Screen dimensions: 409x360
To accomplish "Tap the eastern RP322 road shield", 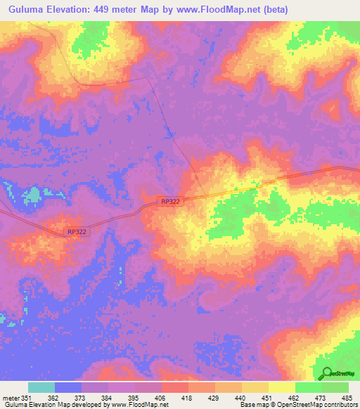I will pyautogui.click(x=170, y=202).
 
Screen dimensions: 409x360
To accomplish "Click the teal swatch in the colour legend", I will pyautogui.click(x=41, y=387).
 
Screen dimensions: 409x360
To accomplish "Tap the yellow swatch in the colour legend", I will pyautogui.click(x=281, y=387).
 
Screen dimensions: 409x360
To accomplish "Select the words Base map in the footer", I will pyautogui.click(x=252, y=405).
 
